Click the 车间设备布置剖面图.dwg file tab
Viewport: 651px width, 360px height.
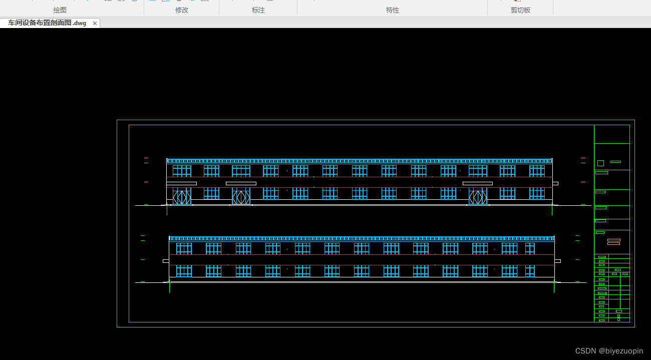tap(47, 23)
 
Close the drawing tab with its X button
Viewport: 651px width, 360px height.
tap(95, 23)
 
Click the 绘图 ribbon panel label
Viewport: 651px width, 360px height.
tap(60, 10)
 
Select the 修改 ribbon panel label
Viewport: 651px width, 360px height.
tap(182, 10)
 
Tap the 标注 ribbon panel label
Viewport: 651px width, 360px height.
tap(258, 10)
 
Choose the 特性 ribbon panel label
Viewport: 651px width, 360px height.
tap(393, 10)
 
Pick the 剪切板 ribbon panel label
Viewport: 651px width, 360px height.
tap(520, 10)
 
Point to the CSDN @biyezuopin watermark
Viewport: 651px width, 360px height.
tap(609, 351)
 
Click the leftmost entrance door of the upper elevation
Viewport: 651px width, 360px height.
tap(182, 197)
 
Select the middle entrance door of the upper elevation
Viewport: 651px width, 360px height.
tap(241, 197)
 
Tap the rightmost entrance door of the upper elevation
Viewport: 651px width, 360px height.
tap(478, 197)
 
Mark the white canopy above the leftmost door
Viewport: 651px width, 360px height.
tap(181, 183)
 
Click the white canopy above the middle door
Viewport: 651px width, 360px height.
tap(241, 183)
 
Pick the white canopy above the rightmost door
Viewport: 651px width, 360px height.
tap(477, 183)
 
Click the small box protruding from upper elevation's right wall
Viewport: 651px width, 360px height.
tap(555, 183)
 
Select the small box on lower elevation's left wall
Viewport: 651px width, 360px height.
tap(166, 261)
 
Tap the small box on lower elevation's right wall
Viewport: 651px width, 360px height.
tap(557, 261)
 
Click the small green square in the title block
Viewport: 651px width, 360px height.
tap(600, 163)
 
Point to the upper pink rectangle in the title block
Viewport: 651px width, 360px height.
tap(613, 240)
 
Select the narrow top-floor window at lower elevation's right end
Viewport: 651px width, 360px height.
tap(529, 248)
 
